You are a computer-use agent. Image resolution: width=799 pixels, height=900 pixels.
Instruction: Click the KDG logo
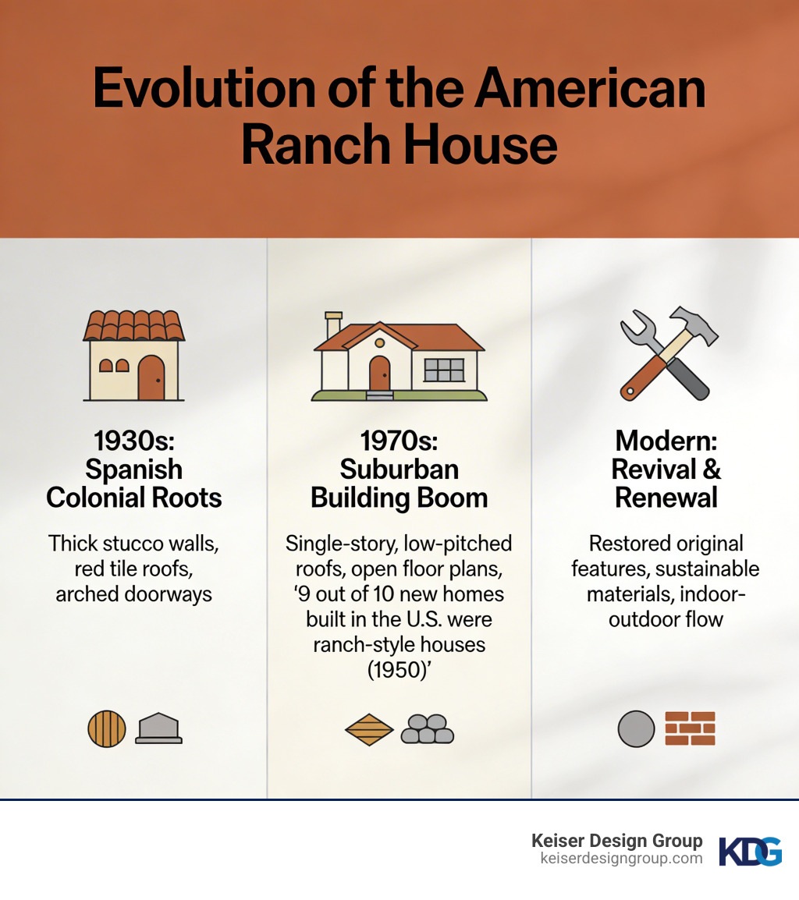[750, 851]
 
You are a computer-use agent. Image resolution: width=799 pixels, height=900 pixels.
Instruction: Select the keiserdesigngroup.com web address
[621, 859]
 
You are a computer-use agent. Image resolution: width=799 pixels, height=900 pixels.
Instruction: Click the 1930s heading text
[134, 441]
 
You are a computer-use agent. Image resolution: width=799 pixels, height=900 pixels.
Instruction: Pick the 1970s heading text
[399, 441]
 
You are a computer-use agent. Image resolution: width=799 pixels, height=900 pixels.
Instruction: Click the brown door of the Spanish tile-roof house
[151, 377]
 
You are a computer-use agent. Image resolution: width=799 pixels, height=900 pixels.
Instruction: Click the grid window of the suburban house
[443, 370]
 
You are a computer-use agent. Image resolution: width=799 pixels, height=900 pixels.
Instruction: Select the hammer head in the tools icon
[691, 322]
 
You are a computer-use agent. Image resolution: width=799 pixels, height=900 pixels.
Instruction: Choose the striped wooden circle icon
[106, 729]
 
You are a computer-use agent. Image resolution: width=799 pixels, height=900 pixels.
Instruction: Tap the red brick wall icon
[690, 729]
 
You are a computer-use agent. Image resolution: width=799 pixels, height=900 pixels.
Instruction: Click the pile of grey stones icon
[428, 729]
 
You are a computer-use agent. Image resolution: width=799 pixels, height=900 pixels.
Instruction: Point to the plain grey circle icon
[636, 729]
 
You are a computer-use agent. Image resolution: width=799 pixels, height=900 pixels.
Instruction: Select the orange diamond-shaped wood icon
[369, 729]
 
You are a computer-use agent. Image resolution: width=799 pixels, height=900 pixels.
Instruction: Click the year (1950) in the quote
[399, 670]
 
